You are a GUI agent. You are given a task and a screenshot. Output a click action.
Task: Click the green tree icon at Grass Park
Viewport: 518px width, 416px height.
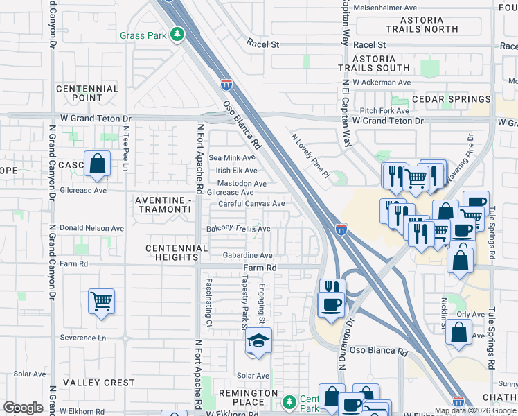178,33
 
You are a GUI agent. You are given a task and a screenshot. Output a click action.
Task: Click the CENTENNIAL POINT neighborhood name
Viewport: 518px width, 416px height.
87,94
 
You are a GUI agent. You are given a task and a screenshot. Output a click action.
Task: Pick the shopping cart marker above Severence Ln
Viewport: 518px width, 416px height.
101,302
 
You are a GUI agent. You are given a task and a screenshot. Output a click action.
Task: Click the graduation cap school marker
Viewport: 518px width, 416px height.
258,341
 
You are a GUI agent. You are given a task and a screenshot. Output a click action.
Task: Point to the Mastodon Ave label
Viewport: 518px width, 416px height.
241,184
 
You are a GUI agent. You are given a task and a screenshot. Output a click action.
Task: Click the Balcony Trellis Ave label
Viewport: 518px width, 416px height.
238,229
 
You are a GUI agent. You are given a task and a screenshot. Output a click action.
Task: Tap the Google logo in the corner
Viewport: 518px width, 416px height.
23,408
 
